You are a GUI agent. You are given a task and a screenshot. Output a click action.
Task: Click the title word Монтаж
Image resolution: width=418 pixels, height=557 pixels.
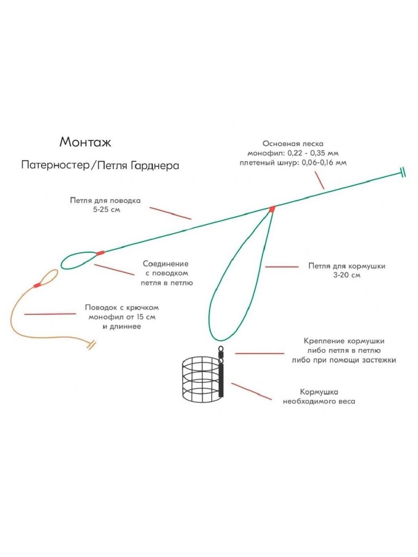point(85,142)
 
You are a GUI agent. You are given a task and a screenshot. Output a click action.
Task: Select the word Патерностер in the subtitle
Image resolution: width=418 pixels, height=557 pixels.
point(55,165)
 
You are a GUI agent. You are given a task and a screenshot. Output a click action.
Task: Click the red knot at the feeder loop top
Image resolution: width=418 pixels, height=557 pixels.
point(272,209)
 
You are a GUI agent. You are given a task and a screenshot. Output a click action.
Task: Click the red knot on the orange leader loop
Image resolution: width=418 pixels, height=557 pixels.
point(37,284)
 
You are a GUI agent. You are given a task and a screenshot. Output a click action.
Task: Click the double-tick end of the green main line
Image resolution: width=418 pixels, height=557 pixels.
point(403,172)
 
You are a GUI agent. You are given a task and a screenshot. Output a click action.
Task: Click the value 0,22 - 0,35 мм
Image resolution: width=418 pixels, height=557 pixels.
point(311,153)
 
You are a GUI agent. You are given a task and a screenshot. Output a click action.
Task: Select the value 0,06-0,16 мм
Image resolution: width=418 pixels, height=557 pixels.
point(324,163)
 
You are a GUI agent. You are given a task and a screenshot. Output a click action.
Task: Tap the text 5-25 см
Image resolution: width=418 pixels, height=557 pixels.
point(107,210)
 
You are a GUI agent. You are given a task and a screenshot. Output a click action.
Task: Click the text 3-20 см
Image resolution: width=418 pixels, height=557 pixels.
point(347,275)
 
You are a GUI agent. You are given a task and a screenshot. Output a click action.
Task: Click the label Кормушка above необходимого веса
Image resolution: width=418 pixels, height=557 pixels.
point(319,392)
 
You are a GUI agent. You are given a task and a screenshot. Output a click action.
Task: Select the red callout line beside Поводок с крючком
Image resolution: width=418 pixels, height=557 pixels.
point(50,314)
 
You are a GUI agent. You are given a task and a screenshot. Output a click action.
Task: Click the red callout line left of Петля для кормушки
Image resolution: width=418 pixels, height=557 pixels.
point(281,267)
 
